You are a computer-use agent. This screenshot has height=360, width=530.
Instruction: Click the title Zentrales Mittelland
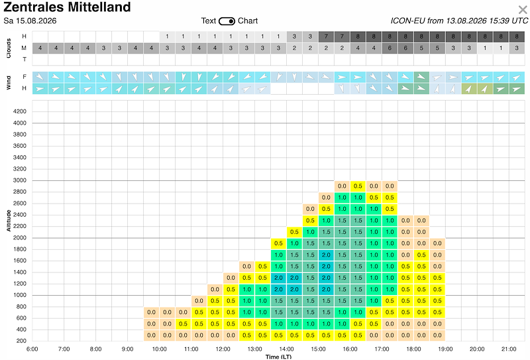(67, 7)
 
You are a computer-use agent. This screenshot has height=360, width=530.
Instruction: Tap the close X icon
(523, 10)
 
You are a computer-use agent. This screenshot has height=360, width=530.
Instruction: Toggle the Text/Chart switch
(227, 21)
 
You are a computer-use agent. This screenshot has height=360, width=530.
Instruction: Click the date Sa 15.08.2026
(30, 21)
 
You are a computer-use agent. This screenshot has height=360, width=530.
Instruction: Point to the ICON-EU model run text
(459, 21)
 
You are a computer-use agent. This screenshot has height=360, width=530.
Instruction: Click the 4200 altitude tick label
(20, 111)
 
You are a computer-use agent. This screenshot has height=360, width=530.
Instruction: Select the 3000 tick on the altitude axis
(20, 180)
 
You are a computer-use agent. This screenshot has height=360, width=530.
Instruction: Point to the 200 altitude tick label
(21, 341)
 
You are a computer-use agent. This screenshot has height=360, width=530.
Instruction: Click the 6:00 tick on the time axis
(32, 349)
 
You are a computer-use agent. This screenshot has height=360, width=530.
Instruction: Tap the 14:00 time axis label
(286, 349)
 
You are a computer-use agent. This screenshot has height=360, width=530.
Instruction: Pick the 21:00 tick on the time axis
(509, 349)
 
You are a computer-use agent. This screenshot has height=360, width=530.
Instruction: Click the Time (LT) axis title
(278, 357)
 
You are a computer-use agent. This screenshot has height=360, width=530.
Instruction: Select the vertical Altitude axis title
(9, 221)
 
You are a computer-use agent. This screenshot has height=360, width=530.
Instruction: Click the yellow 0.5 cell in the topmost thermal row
(358, 186)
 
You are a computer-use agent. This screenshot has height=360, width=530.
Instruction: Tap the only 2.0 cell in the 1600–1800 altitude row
(326, 255)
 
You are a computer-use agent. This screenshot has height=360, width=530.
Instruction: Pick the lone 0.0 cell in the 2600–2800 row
(326, 198)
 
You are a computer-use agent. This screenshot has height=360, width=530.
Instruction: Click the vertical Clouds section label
(9, 48)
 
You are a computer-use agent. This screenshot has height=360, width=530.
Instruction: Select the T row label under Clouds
(25, 60)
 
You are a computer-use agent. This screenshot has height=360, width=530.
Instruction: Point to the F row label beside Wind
(25, 77)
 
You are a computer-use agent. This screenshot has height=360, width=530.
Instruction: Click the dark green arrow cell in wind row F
(421, 77)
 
